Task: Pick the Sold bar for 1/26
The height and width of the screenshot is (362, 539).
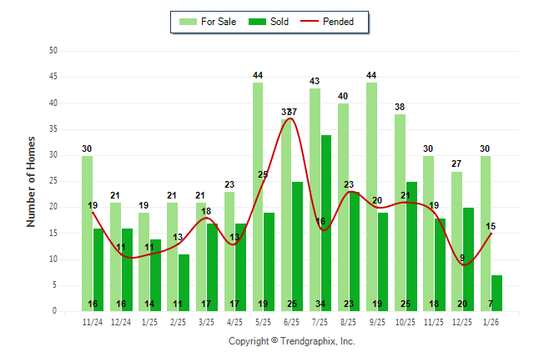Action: pos(496,293)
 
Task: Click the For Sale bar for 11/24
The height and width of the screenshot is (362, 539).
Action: pos(87,233)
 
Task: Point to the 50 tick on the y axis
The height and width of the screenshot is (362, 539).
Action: pos(53,51)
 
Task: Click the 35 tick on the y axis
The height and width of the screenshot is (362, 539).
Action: pos(53,128)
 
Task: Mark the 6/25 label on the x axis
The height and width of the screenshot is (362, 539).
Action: pos(291,321)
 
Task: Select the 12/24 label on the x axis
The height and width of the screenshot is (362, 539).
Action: pos(121,321)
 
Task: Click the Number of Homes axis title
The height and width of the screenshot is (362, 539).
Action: pos(31,181)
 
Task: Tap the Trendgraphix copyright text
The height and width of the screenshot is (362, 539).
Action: pos(292,341)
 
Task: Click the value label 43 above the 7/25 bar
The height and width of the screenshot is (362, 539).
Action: pos(315,81)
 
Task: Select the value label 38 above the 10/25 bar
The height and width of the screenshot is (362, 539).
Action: pos(400,107)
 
